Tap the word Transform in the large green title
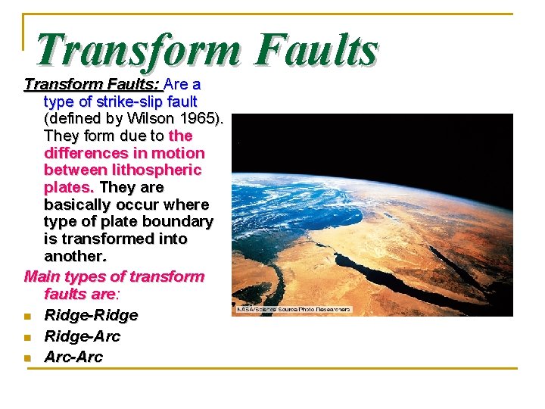point(139,52)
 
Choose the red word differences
point(83,153)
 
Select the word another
point(75,257)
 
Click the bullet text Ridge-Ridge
point(91,315)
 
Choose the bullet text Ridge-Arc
point(82,336)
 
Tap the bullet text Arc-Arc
point(73,357)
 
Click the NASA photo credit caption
point(294,310)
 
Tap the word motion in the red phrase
point(179,153)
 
